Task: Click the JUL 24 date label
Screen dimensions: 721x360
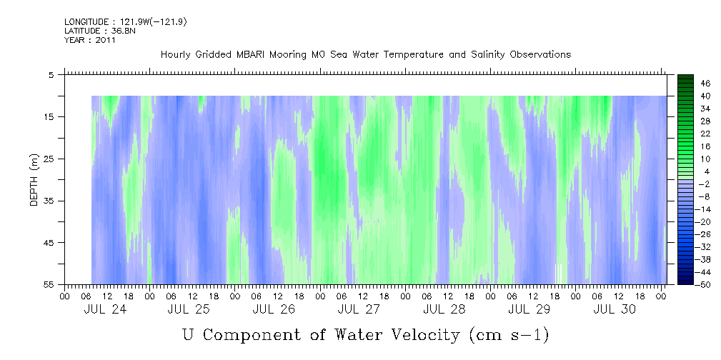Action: pyautogui.click(x=105, y=309)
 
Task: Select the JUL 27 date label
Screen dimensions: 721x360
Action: pyautogui.click(x=359, y=309)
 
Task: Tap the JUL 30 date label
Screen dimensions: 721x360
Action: pyautogui.click(x=615, y=309)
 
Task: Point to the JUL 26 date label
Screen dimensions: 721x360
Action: pyautogui.click(x=274, y=309)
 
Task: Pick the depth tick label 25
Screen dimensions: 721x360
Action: pyautogui.click(x=49, y=159)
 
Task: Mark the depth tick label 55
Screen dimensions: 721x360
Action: pyautogui.click(x=49, y=284)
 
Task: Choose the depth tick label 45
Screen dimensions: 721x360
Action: pyautogui.click(x=49, y=242)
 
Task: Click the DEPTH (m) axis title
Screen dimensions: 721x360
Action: pyautogui.click(x=34, y=180)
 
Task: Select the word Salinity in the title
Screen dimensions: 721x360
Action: pyautogui.click(x=488, y=55)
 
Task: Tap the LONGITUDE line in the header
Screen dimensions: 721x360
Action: pyautogui.click(x=126, y=22)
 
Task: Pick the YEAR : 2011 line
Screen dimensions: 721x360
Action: pyautogui.click(x=90, y=40)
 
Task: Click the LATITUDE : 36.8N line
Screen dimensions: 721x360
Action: pyautogui.click(x=100, y=31)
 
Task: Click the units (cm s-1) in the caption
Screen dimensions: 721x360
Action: pyautogui.click(x=509, y=335)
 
